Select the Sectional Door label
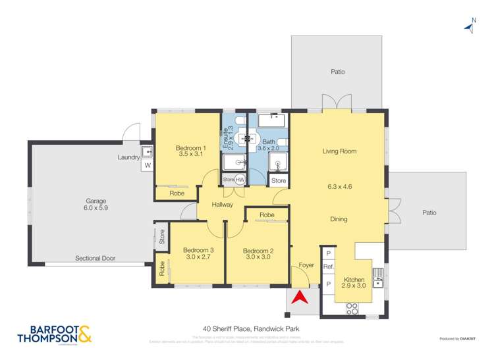tap(95, 258)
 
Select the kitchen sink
tap(378, 279)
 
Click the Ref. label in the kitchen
tap(327, 267)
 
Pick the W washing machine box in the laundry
tap(146, 166)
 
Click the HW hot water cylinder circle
tap(240, 180)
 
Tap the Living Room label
tap(339, 151)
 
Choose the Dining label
tap(339, 219)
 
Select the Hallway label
tap(223, 205)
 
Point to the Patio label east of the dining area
tap(428, 213)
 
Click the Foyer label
tap(306, 265)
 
